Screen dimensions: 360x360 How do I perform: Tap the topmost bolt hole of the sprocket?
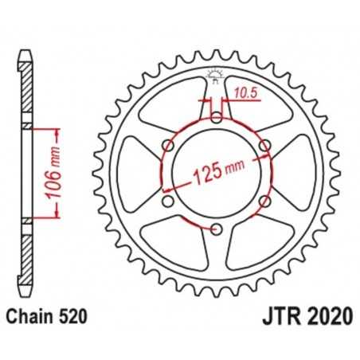(217, 117)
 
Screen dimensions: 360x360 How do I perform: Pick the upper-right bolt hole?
(266, 146)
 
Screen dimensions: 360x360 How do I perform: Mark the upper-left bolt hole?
(167, 146)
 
